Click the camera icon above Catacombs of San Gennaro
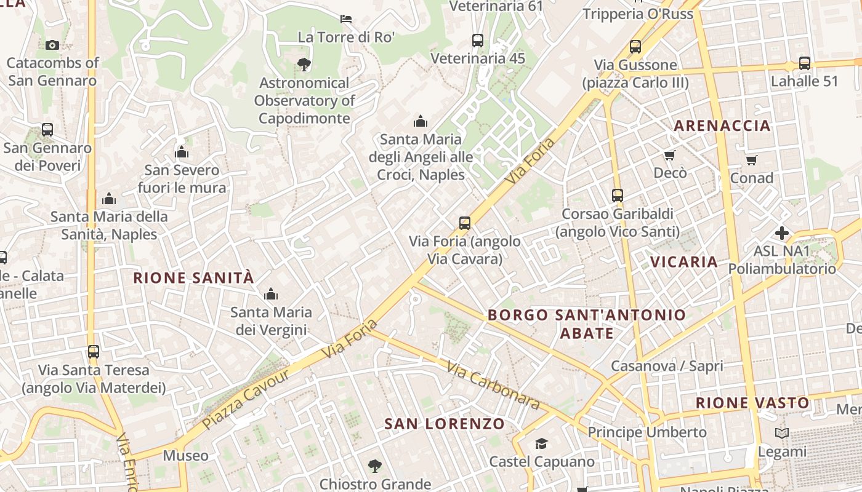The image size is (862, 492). (52, 45)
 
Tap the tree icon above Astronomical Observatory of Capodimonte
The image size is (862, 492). (304, 64)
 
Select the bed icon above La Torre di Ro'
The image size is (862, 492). (346, 19)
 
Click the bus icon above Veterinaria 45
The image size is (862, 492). (478, 41)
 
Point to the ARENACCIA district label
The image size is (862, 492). (722, 126)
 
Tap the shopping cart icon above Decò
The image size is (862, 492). (670, 155)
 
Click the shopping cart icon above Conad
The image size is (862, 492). (751, 161)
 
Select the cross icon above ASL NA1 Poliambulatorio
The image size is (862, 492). (782, 233)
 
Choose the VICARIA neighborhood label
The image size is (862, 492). (684, 262)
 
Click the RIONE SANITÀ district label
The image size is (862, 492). (193, 278)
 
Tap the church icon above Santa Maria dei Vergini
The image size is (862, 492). (271, 295)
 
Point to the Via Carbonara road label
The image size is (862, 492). (493, 386)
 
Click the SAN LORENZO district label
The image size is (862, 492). (444, 424)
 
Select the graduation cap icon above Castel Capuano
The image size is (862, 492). (541, 444)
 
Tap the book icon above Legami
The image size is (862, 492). (782, 434)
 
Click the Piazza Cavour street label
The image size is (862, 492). (246, 400)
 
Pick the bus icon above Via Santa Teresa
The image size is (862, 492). (94, 352)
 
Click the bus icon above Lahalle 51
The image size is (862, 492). (805, 63)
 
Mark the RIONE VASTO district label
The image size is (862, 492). (752, 403)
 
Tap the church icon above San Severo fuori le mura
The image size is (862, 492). (182, 152)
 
